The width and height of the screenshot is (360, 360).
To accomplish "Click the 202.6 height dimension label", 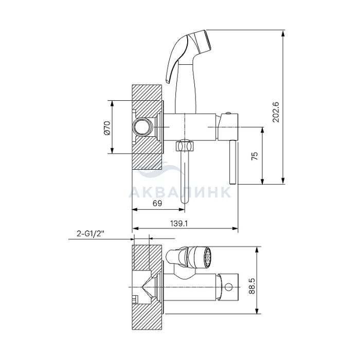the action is pyautogui.click(x=276, y=112).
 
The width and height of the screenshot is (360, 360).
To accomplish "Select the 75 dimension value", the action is pyautogui.click(x=255, y=156).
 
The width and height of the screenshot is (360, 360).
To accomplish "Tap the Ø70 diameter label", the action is pyautogui.click(x=107, y=128).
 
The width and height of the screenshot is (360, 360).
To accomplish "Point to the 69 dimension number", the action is pyautogui.click(x=157, y=203).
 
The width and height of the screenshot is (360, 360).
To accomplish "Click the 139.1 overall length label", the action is pyautogui.click(x=179, y=223).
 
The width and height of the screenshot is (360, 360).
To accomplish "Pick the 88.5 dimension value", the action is pyautogui.click(x=251, y=286).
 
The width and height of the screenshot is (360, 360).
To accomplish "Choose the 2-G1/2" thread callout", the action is pyautogui.click(x=91, y=233).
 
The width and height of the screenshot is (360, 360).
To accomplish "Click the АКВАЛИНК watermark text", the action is pyautogui.click(x=180, y=192).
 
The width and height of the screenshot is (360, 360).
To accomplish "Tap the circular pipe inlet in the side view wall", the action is pyautogui.click(x=142, y=127).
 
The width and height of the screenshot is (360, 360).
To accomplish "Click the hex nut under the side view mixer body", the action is pyautogui.click(x=185, y=146).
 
